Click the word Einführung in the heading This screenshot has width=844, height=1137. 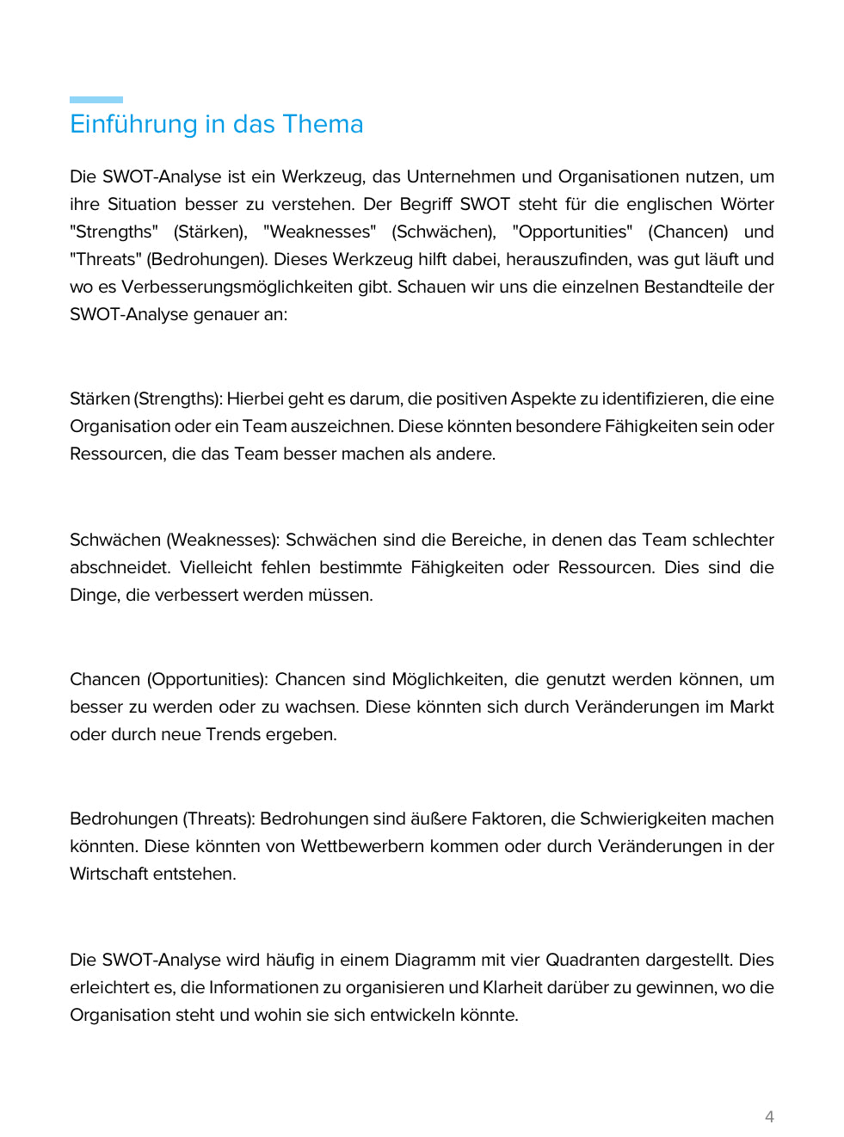pos(133,124)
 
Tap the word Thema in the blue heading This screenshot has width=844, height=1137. pos(323,124)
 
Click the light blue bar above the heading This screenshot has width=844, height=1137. pos(96,100)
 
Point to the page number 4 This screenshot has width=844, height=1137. pos(769,1116)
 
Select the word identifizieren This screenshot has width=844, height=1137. pos(655,399)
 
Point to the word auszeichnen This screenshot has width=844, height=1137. pos(343,426)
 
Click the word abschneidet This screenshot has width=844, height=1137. pos(120,567)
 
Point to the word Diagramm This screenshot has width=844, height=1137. pos(434,960)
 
